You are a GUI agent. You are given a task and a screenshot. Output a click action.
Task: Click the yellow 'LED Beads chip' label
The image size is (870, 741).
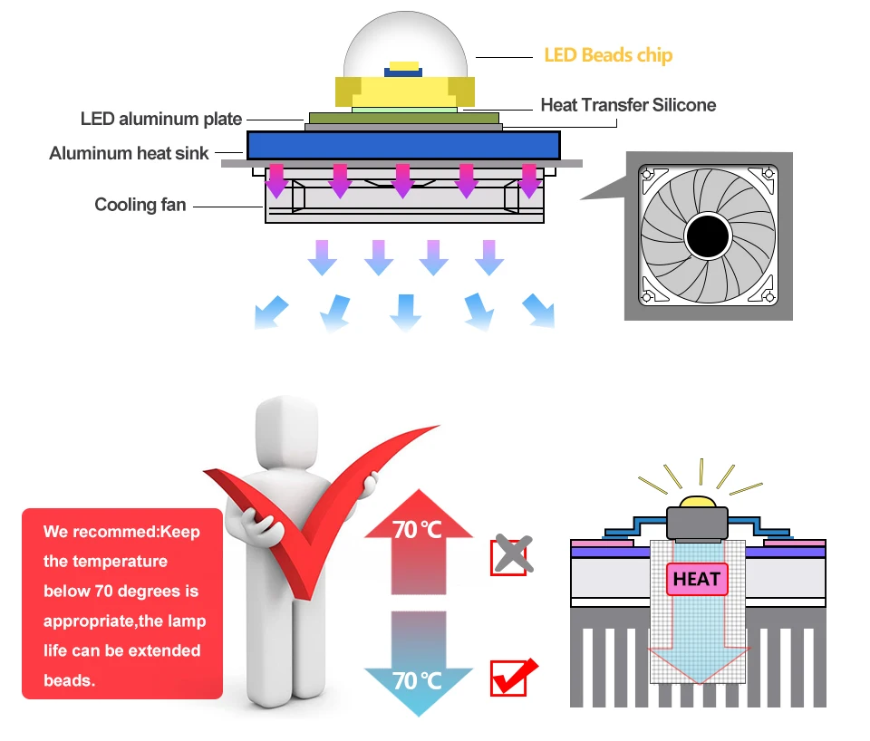pyautogui.click(x=608, y=55)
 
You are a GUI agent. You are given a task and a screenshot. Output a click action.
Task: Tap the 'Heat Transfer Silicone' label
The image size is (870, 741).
pyautogui.click(x=628, y=105)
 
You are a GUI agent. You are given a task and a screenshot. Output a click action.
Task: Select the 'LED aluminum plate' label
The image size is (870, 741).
pyautogui.click(x=161, y=119)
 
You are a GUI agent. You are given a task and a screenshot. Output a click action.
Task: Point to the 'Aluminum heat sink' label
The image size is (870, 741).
pyautogui.click(x=129, y=153)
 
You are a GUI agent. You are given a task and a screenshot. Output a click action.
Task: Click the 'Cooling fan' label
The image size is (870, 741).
pyautogui.click(x=140, y=205)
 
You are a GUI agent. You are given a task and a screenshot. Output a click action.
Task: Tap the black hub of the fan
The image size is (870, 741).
pyautogui.click(x=708, y=238)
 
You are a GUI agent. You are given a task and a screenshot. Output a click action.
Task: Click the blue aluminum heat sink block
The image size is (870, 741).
pyautogui.click(x=403, y=145)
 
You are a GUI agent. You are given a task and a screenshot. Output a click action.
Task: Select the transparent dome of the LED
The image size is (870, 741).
pyautogui.click(x=404, y=45)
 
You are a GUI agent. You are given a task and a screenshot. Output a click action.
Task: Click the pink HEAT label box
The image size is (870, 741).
pyautogui.click(x=697, y=579)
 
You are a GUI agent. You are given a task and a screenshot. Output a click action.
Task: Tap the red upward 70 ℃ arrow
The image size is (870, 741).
pyautogui.click(x=418, y=544)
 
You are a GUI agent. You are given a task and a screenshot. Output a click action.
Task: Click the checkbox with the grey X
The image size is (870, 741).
pyautogui.click(x=510, y=555)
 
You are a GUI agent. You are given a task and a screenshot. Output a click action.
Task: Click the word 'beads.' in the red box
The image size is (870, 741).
pyautogui.click(x=69, y=679)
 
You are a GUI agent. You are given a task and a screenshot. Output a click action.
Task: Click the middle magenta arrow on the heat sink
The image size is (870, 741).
pyautogui.click(x=402, y=179)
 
